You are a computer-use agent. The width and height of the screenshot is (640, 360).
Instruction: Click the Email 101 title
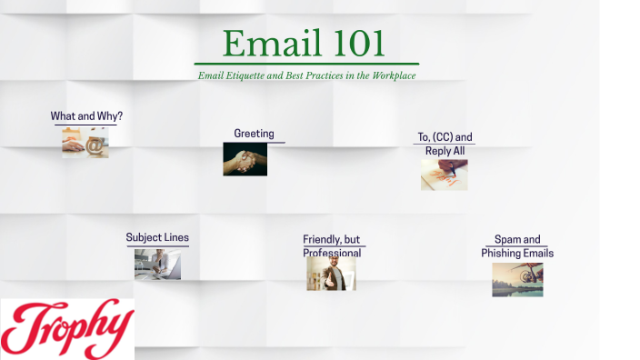[x=304, y=44]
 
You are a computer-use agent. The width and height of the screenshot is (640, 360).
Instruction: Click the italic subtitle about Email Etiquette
[x=306, y=75]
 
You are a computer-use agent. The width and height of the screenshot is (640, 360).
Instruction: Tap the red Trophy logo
[x=67, y=328]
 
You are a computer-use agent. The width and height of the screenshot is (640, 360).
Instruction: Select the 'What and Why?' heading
[x=86, y=116]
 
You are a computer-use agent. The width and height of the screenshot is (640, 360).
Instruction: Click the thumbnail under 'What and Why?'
[x=85, y=143]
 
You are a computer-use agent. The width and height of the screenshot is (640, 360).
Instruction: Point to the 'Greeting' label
[x=254, y=134]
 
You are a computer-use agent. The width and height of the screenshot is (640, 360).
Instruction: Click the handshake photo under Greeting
[x=245, y=159]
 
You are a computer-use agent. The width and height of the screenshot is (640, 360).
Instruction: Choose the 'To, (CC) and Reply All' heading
[x=445, y=144]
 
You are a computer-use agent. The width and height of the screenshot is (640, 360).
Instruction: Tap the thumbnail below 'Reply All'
[x=444, y=175]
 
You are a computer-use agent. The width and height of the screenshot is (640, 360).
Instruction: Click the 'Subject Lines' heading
[x=157, y=237]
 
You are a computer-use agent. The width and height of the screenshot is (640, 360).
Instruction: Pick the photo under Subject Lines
[x=157, y=264]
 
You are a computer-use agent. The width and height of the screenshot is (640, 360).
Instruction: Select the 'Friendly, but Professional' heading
[x=332, y=245]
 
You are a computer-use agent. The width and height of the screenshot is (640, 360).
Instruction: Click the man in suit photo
[x=331, y=273]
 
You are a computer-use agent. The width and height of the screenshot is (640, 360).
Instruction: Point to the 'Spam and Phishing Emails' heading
[x=517, y=246]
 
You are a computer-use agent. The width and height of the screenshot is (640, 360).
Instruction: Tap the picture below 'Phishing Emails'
[x=517, y=280]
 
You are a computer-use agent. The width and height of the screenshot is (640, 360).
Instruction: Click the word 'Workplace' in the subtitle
[x=393, y=75]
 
